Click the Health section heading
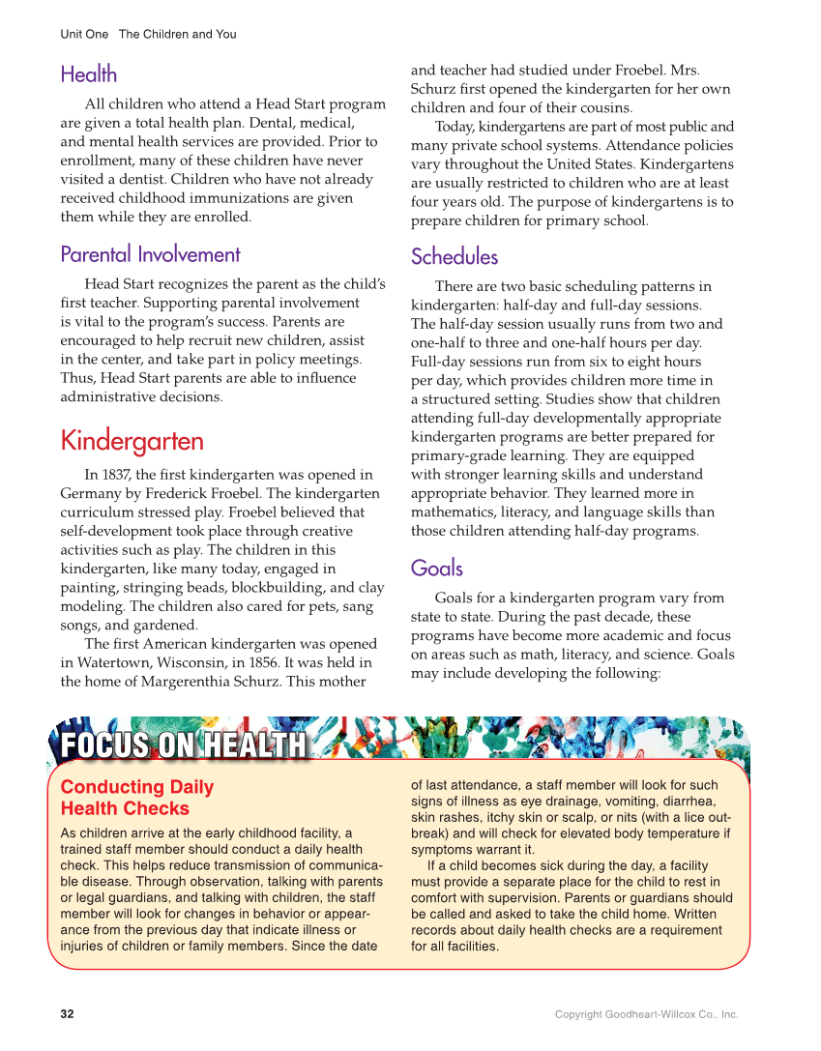(x=88, y=74)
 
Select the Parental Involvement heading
(x=150, y=254)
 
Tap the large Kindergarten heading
(x=132, y=441)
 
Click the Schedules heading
(x=454, y=256)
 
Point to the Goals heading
(x=436, y=568)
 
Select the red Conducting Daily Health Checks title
(x=136, y=798)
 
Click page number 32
(x=67, y=1014)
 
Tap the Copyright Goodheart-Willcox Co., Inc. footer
(x=646, y=1014)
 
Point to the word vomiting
(x=608, y=802)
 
